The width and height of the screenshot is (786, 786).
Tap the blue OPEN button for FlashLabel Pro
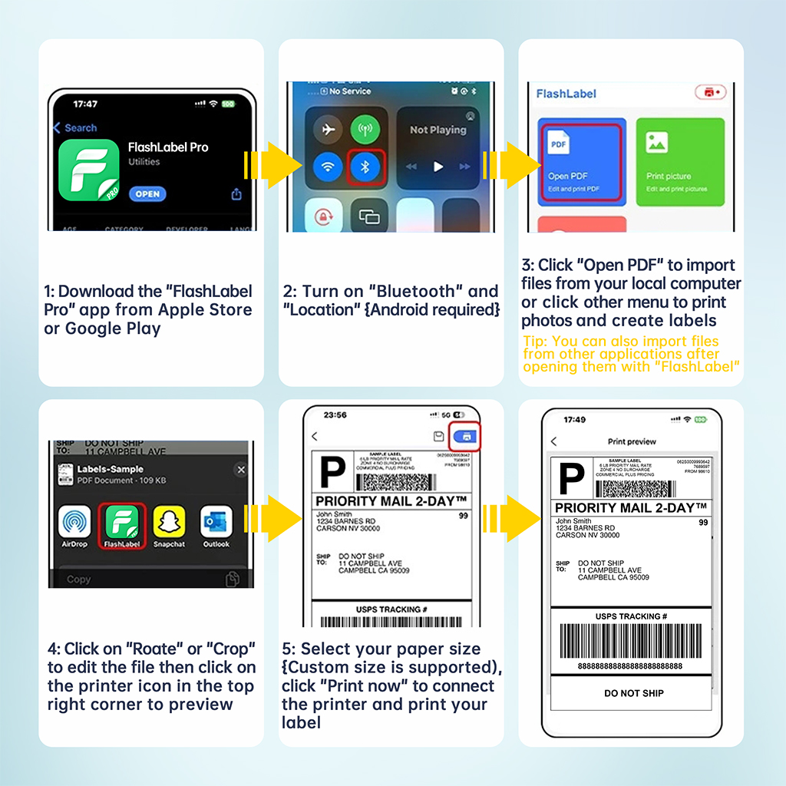[x=147, y=194]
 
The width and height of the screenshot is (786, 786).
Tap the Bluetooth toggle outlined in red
[x=365, y=167]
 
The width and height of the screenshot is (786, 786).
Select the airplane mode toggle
[x=329, y=129]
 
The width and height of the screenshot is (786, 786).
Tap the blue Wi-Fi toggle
[x=329, y=167]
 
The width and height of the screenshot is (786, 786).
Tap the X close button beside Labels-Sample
[x=240, y=470]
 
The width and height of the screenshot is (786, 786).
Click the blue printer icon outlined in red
[x=466, y=436]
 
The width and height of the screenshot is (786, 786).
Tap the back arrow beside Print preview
[x=554, y=442]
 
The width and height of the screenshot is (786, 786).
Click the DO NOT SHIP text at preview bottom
[x=633, y=693]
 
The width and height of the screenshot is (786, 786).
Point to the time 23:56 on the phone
[x=335, y=414]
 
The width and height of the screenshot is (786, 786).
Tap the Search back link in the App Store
[x=75, y=128]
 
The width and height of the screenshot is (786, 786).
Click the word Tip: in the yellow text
[x=534, y=342]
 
